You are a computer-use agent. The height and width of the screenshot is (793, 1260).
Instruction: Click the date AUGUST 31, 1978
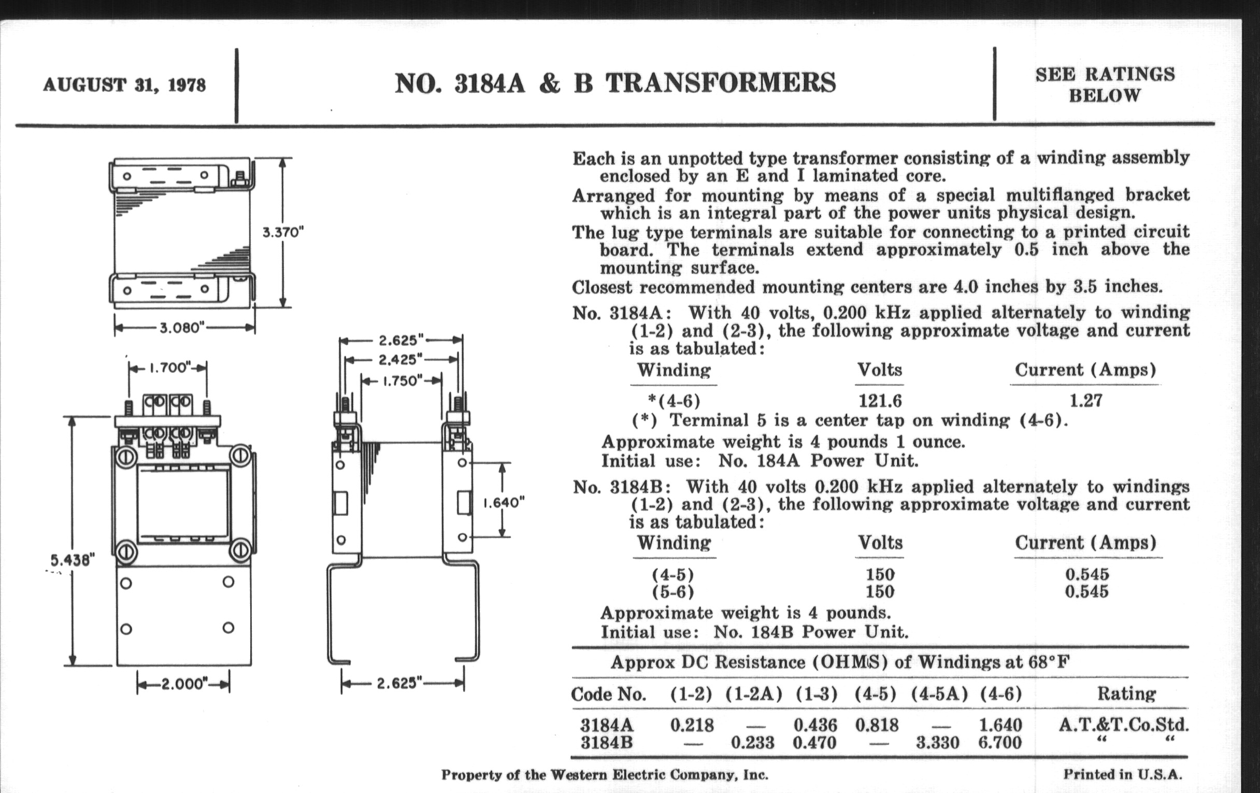click(x=124, y=85)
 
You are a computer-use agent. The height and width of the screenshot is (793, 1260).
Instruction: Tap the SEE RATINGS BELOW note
click(x=1105, y=85)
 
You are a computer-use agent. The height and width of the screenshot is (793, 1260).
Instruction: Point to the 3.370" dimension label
click(x=283, y=232)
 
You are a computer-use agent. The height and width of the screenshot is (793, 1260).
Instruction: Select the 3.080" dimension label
click(x=182, y=328)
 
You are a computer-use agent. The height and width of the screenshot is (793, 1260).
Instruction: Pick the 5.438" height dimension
click(x=72, y=560)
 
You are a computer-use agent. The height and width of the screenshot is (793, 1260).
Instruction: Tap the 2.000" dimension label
click(x=183, y=684)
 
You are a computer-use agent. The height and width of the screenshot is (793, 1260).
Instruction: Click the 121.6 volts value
click(x=880, y=401)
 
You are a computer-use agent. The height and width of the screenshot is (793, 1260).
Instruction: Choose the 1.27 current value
click(x=1086, y=401)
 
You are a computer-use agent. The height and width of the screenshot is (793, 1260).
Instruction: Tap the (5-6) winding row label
click(x=673, y=592)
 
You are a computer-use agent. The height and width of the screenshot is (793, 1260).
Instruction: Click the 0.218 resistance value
click(x=692, y=725)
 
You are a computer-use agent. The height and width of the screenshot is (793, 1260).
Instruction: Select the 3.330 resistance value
click(x=937, y=742)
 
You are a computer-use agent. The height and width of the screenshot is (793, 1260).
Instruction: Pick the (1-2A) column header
click(x=753, y=694)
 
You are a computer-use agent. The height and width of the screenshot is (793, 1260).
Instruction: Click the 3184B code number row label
click(x=607, y=742)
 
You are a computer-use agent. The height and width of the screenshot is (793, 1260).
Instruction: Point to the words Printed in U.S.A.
click(x=1122, y=774)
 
